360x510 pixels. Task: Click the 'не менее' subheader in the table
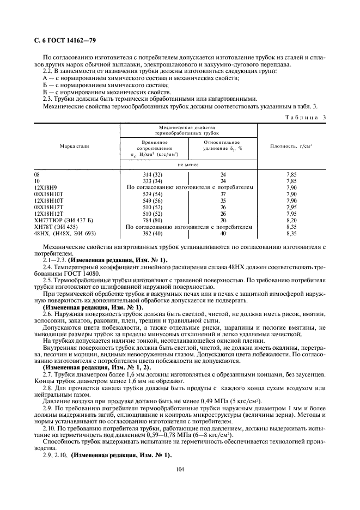pos(188,164)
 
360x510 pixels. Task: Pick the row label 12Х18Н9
pos(45,187)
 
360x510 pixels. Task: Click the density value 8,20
pos(291,220)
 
